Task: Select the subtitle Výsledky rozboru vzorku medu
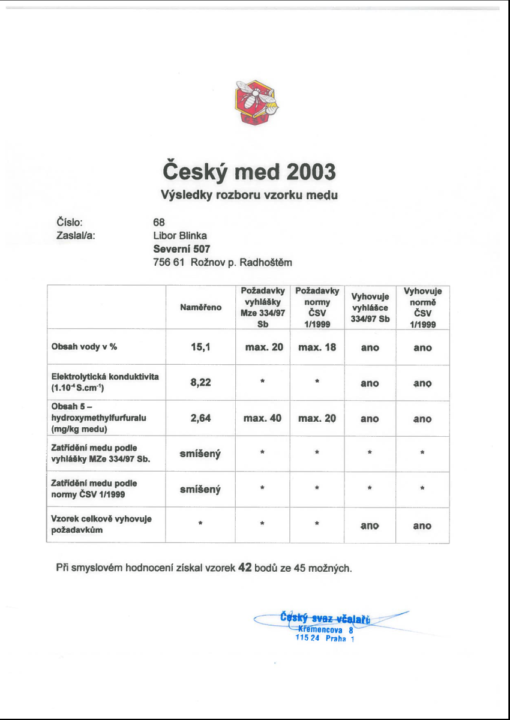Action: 249,195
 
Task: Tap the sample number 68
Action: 159,223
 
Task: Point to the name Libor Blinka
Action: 181,235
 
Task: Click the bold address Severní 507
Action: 182,248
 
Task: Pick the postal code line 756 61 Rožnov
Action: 223,262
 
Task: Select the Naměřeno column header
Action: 200,307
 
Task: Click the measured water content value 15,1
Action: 200,347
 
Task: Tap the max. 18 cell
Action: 317,347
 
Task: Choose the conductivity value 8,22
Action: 200,383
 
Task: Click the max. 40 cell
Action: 263,418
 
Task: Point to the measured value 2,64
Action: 200,418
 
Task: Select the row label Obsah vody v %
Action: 84,347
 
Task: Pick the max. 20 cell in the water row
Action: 263,347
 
